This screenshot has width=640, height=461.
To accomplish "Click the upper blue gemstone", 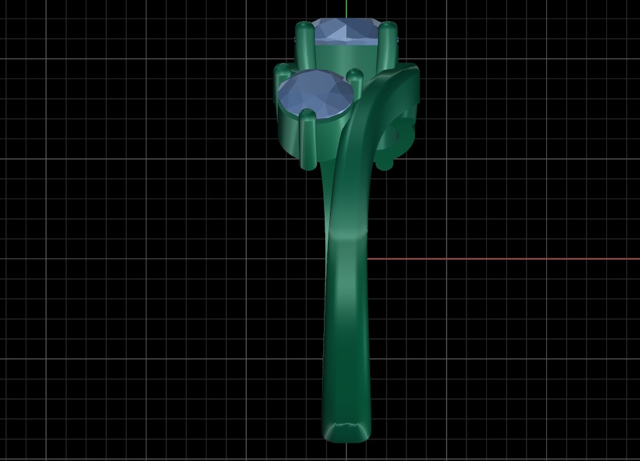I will (x=346, y=32).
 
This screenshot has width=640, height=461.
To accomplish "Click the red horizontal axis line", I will (x=501, y=259).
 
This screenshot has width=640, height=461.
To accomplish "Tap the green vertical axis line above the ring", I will (x=346, y=8).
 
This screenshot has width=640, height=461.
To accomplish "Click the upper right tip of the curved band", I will (x=409, y=73).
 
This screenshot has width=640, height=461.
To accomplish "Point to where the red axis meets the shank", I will (x=367, y=259).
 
